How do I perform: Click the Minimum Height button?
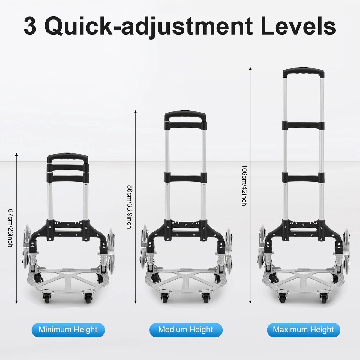click(68, 329)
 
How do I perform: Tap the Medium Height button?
click(186, 329)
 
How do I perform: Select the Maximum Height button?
click(304, 329)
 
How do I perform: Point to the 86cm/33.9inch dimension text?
click(130, 207)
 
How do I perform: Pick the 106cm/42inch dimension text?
click(244, 185)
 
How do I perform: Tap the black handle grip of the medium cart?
click(185, 115)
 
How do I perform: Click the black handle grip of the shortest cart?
click(68, 157)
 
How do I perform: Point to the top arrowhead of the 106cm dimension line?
click(250, 68)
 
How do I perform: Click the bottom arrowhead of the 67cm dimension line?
click(16, 302)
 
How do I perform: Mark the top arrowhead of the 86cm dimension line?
click(136, 112)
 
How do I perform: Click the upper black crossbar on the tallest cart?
click(304, 125)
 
